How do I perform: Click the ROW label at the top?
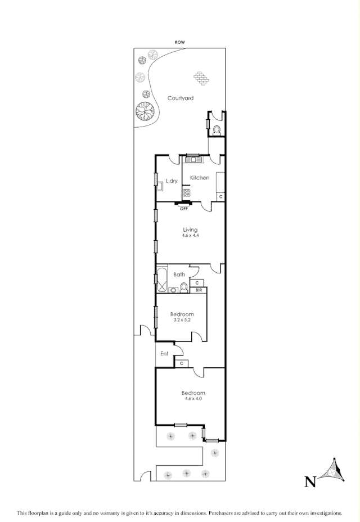coord(180,42)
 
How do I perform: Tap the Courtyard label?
coord(181,98)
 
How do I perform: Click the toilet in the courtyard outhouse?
coord(217,130)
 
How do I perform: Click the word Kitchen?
coord(199,178)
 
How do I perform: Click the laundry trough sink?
coord(160,183)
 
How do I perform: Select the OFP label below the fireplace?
coord(183,209)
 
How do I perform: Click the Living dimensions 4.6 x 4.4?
coord(190,236)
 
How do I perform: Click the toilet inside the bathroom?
coord(183,288)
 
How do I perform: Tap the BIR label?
coord(199,290)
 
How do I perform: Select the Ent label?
coord(164,354)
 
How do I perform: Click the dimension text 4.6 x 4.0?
coord(193,399)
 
